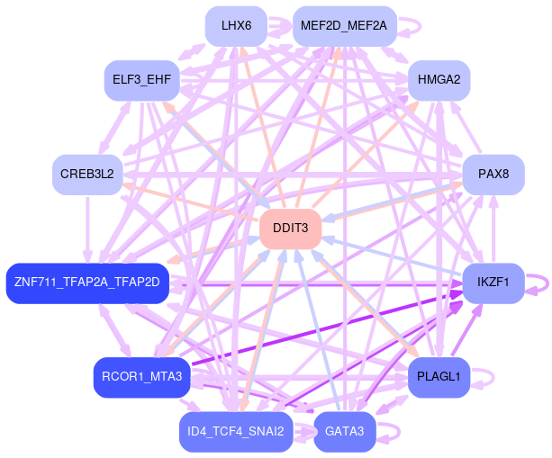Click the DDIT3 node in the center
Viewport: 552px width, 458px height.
[x=291, y=229]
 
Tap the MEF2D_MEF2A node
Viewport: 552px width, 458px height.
[x=344, y=26]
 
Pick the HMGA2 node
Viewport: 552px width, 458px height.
[x=439, y=80]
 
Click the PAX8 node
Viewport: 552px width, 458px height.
[x=493, y=174]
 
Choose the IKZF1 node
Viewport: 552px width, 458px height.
[x=493, y=283]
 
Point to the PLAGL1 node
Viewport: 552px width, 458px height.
[x=439, y=377]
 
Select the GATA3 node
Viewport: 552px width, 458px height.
[x=344, y=432]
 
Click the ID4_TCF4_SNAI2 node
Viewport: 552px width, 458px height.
[x=236, y=432]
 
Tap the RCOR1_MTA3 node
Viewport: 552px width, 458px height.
[x=142, y=377]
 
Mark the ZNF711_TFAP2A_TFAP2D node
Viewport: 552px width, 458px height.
[x=87, y=283]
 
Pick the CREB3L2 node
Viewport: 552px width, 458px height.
[x=87, y=174]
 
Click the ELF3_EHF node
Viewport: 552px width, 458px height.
[x=142, y=80]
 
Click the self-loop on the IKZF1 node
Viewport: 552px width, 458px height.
[x=538, y=283]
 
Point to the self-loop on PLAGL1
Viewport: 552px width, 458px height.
[x=484, y=377]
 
